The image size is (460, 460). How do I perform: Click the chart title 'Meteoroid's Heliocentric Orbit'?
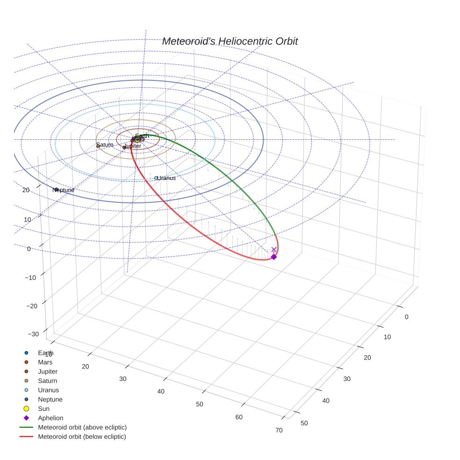[230, 41]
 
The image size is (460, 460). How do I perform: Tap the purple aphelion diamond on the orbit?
[274, 257]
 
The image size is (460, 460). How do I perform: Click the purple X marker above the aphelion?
[274, 250]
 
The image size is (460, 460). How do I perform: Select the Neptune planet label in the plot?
[64, 190]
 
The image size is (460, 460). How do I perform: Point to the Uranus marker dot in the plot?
[156, 178]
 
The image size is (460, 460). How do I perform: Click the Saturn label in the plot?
[105, 145]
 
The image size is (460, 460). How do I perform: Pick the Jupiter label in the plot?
[133, 146]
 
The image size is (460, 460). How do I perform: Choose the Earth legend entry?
[45, 353]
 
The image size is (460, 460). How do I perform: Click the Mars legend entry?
[45, 362]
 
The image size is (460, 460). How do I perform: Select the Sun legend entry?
[43, 409]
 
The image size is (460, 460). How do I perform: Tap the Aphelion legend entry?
[50, 418]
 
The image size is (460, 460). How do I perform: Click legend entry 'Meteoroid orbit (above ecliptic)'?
[82, 427]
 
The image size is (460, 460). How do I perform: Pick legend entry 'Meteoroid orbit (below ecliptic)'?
[82, 437]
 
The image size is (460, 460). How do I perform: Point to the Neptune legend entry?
[50, 399]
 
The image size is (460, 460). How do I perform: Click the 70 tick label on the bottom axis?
[279, 431]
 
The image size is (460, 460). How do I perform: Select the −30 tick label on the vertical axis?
[33, 334]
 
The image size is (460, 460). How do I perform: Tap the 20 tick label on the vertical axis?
[26, 190]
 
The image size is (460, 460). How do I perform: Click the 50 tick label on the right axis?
[304, 423]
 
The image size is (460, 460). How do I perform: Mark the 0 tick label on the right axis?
[406, 317]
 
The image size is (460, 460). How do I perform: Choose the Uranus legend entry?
[48, 390]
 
